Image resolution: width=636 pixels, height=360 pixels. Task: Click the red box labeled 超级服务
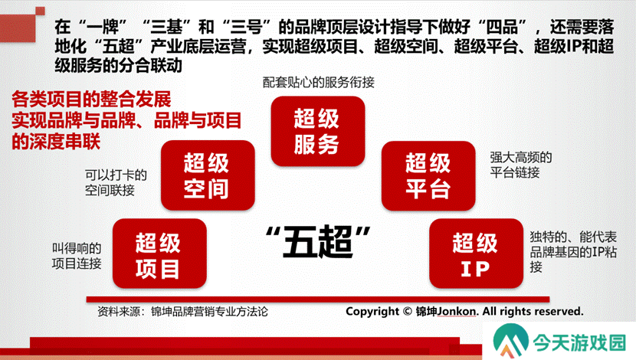click(x=317, y=131)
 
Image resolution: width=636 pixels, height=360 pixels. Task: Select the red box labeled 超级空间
click(x=208, y=175)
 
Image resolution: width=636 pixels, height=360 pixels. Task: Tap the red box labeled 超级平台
click(x=428, y=175)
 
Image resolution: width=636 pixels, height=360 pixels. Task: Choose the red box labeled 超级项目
click(x=159, y=254)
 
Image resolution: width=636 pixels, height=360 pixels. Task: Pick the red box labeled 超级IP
click(x=476, y=254)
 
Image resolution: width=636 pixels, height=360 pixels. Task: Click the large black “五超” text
click(x=318, y=242)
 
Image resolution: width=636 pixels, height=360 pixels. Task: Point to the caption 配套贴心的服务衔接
click(x=319, y=82)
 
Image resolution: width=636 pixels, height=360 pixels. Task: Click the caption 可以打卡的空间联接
click(x=116, y=182)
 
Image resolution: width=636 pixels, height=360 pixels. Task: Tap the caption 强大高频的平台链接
click(x=521, y=165)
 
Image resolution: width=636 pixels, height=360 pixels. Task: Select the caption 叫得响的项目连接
click(x=77, y=256)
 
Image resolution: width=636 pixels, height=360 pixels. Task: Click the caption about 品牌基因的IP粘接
click(x=573, y=252)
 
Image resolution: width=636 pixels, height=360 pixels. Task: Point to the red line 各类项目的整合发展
click(x=91, y=99)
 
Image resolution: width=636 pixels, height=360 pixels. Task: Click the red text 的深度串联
click(x=56, y=142)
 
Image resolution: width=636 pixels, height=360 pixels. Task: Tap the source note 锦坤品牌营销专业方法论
click(x=209, y=311)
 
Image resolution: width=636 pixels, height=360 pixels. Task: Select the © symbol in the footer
click(x=408, y=311)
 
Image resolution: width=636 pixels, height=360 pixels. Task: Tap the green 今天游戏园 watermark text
click(x=579, y=342)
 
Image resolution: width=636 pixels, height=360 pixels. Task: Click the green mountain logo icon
click(x=510, y=341)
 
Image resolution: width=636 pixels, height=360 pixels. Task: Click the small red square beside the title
click(x=40, y=11)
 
